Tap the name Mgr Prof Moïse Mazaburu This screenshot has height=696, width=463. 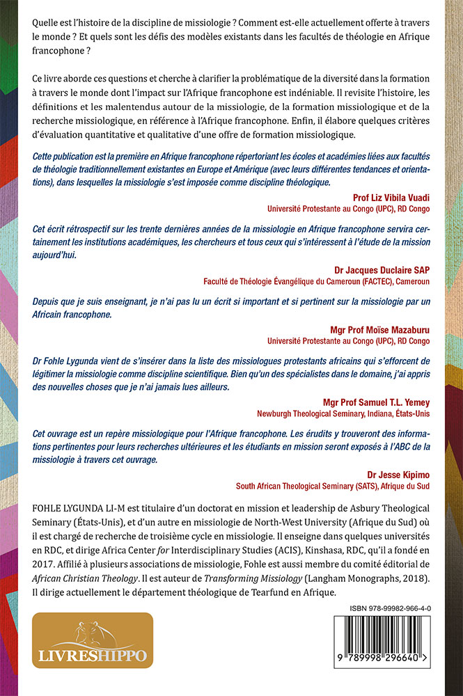pos(381,329)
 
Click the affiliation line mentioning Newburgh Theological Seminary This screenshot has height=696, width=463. pos(352,413)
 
